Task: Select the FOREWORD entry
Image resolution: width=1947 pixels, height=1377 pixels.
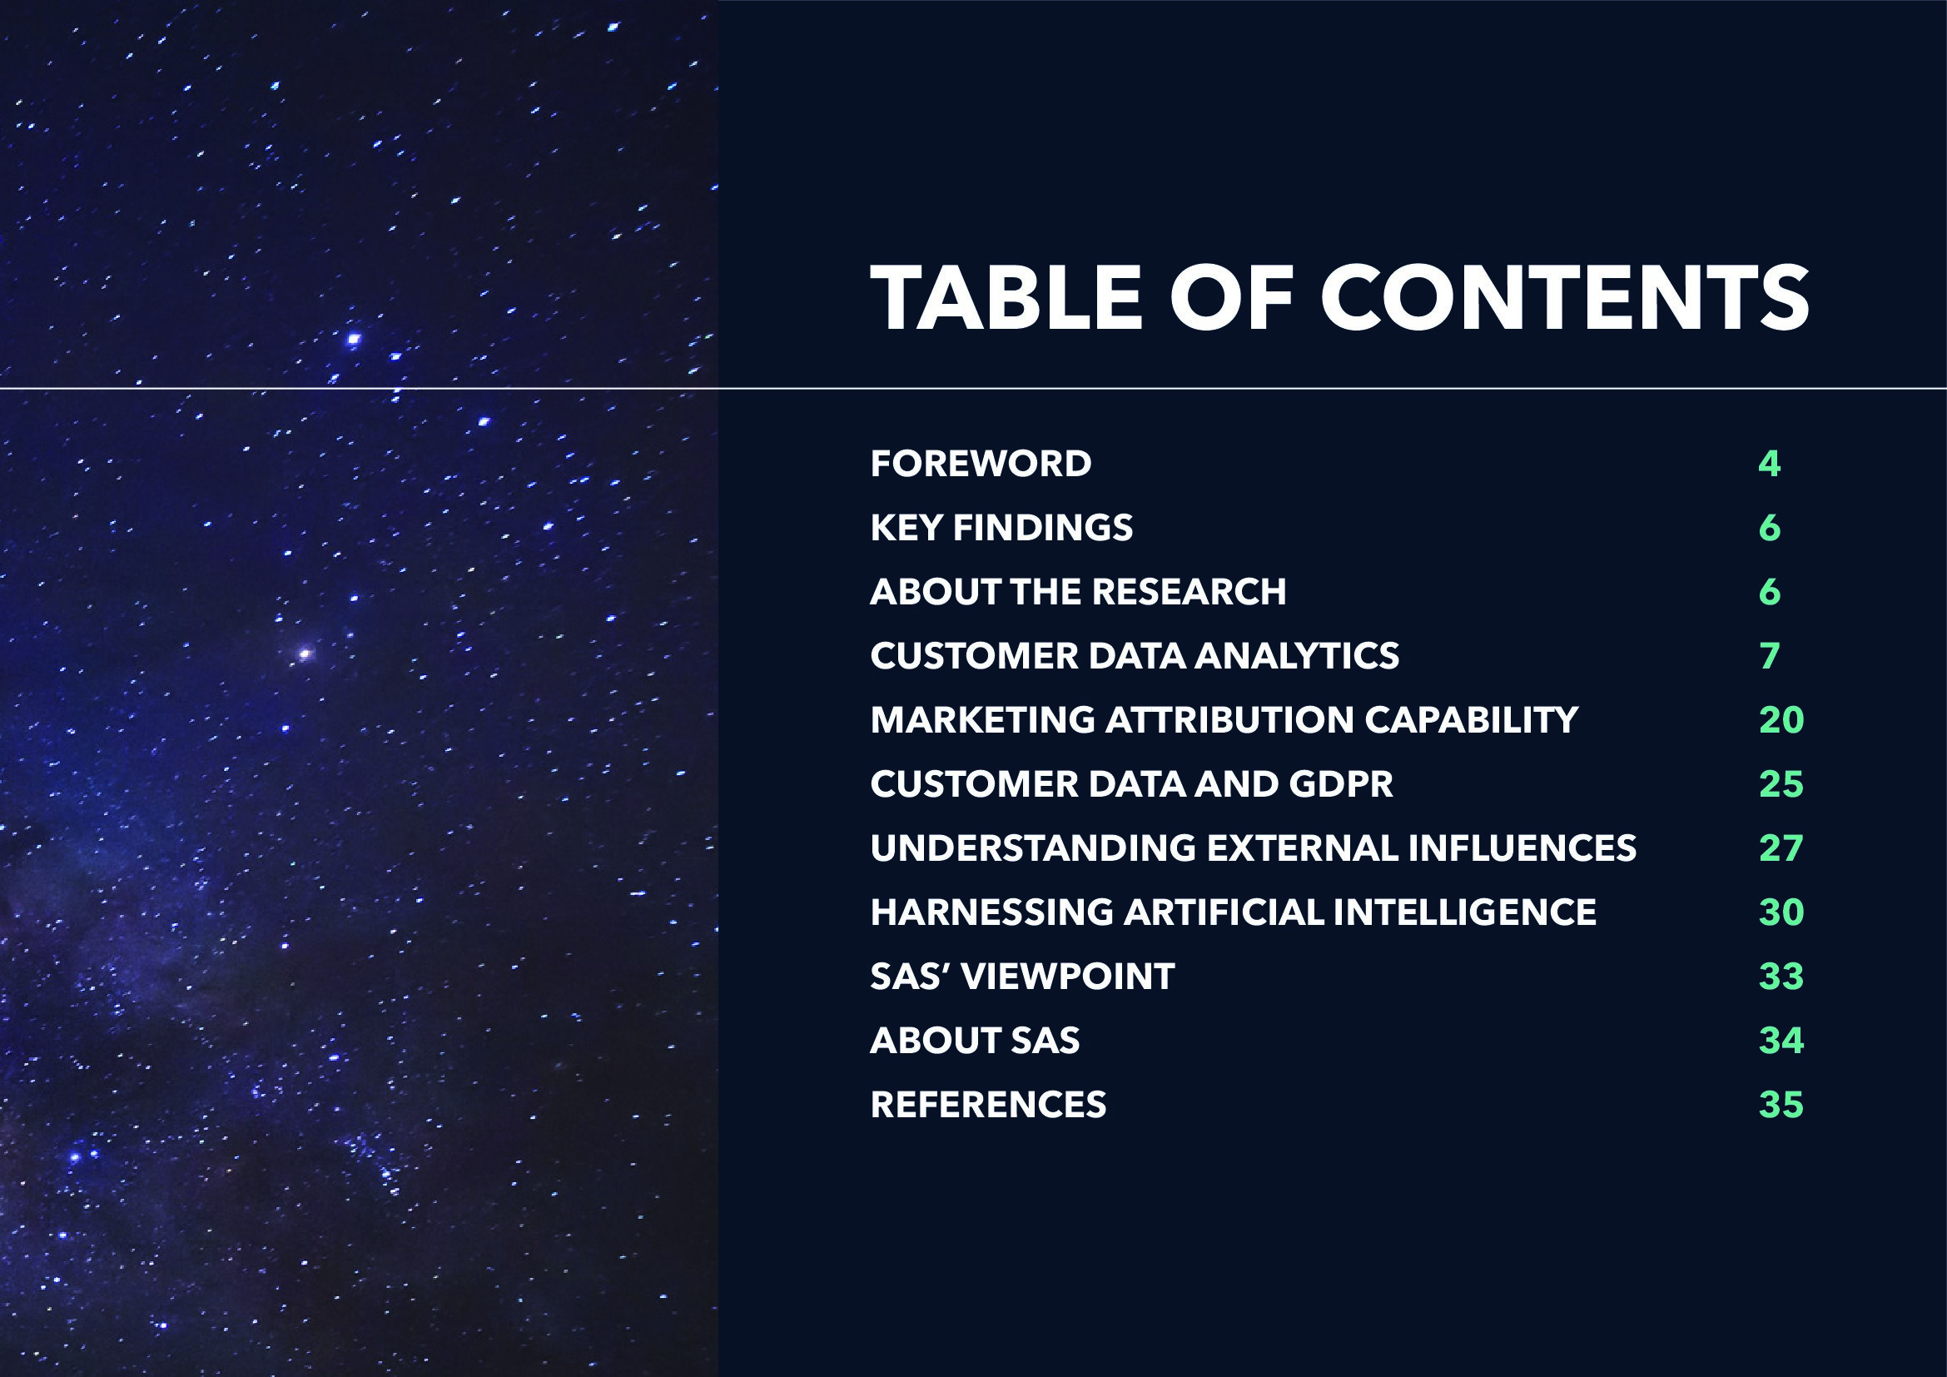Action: pos(981,464)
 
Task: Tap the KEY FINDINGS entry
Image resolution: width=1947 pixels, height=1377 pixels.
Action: pos(1001,527)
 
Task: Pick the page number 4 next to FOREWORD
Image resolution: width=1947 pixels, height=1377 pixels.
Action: pos(1769,464)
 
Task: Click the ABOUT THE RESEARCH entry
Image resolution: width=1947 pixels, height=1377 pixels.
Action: pos(1078,592)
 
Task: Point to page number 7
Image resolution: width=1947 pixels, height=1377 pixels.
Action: pos(1769,655)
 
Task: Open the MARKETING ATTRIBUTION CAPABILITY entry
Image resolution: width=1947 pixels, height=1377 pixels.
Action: pos(1224,720)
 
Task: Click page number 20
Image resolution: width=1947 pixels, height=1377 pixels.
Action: pos(1781,720)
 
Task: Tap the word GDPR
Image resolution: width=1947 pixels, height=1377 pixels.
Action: pos(1341,784)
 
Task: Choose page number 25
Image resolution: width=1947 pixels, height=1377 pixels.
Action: pos(1781,784)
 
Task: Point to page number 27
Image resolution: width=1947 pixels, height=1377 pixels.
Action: pos(1781,848)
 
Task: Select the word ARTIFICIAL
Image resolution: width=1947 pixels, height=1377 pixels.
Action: pos(1223,912)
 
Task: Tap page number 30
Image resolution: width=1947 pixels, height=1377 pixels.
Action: pos(1781,912)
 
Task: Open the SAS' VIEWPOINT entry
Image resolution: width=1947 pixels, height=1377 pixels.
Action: pos(1023,976)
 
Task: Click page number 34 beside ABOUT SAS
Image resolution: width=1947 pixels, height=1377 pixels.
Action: pos(1781,1041)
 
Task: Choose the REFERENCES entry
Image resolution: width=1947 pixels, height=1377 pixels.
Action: pos(988,1105)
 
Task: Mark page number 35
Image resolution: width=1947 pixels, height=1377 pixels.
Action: pos(1781,1105)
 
